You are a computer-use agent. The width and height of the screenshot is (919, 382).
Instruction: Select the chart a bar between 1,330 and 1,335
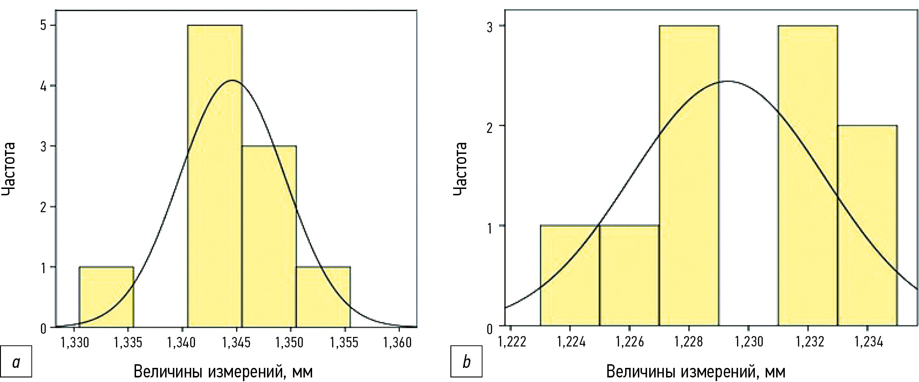tap(106, 296)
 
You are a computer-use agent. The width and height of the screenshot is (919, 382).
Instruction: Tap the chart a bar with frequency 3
tap(269, 236)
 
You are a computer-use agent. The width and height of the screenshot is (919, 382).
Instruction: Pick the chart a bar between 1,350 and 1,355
tap(323, 296)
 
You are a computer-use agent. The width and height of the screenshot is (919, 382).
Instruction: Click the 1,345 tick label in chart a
tap(236, 342)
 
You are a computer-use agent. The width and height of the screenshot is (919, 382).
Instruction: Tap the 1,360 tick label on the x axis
tap(397, 342)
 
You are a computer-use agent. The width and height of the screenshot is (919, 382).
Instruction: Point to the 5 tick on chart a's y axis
tap(44, 25)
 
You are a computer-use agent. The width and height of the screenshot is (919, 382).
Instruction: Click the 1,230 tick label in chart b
tap(749, 341)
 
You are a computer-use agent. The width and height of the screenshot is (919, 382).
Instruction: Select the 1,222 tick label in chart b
tap(512, 341)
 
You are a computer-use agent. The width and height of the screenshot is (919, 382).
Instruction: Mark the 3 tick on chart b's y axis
tap(490, 27)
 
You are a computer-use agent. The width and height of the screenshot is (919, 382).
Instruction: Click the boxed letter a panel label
tap(16, 362)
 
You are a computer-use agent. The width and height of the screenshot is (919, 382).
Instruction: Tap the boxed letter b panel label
tap(466, 362)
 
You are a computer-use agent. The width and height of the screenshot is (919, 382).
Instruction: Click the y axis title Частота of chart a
tap(9, 169)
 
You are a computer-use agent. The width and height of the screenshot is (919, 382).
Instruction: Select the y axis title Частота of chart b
tap(460, 169)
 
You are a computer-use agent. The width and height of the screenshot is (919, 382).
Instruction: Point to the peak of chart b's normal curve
tap(727, 81)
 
